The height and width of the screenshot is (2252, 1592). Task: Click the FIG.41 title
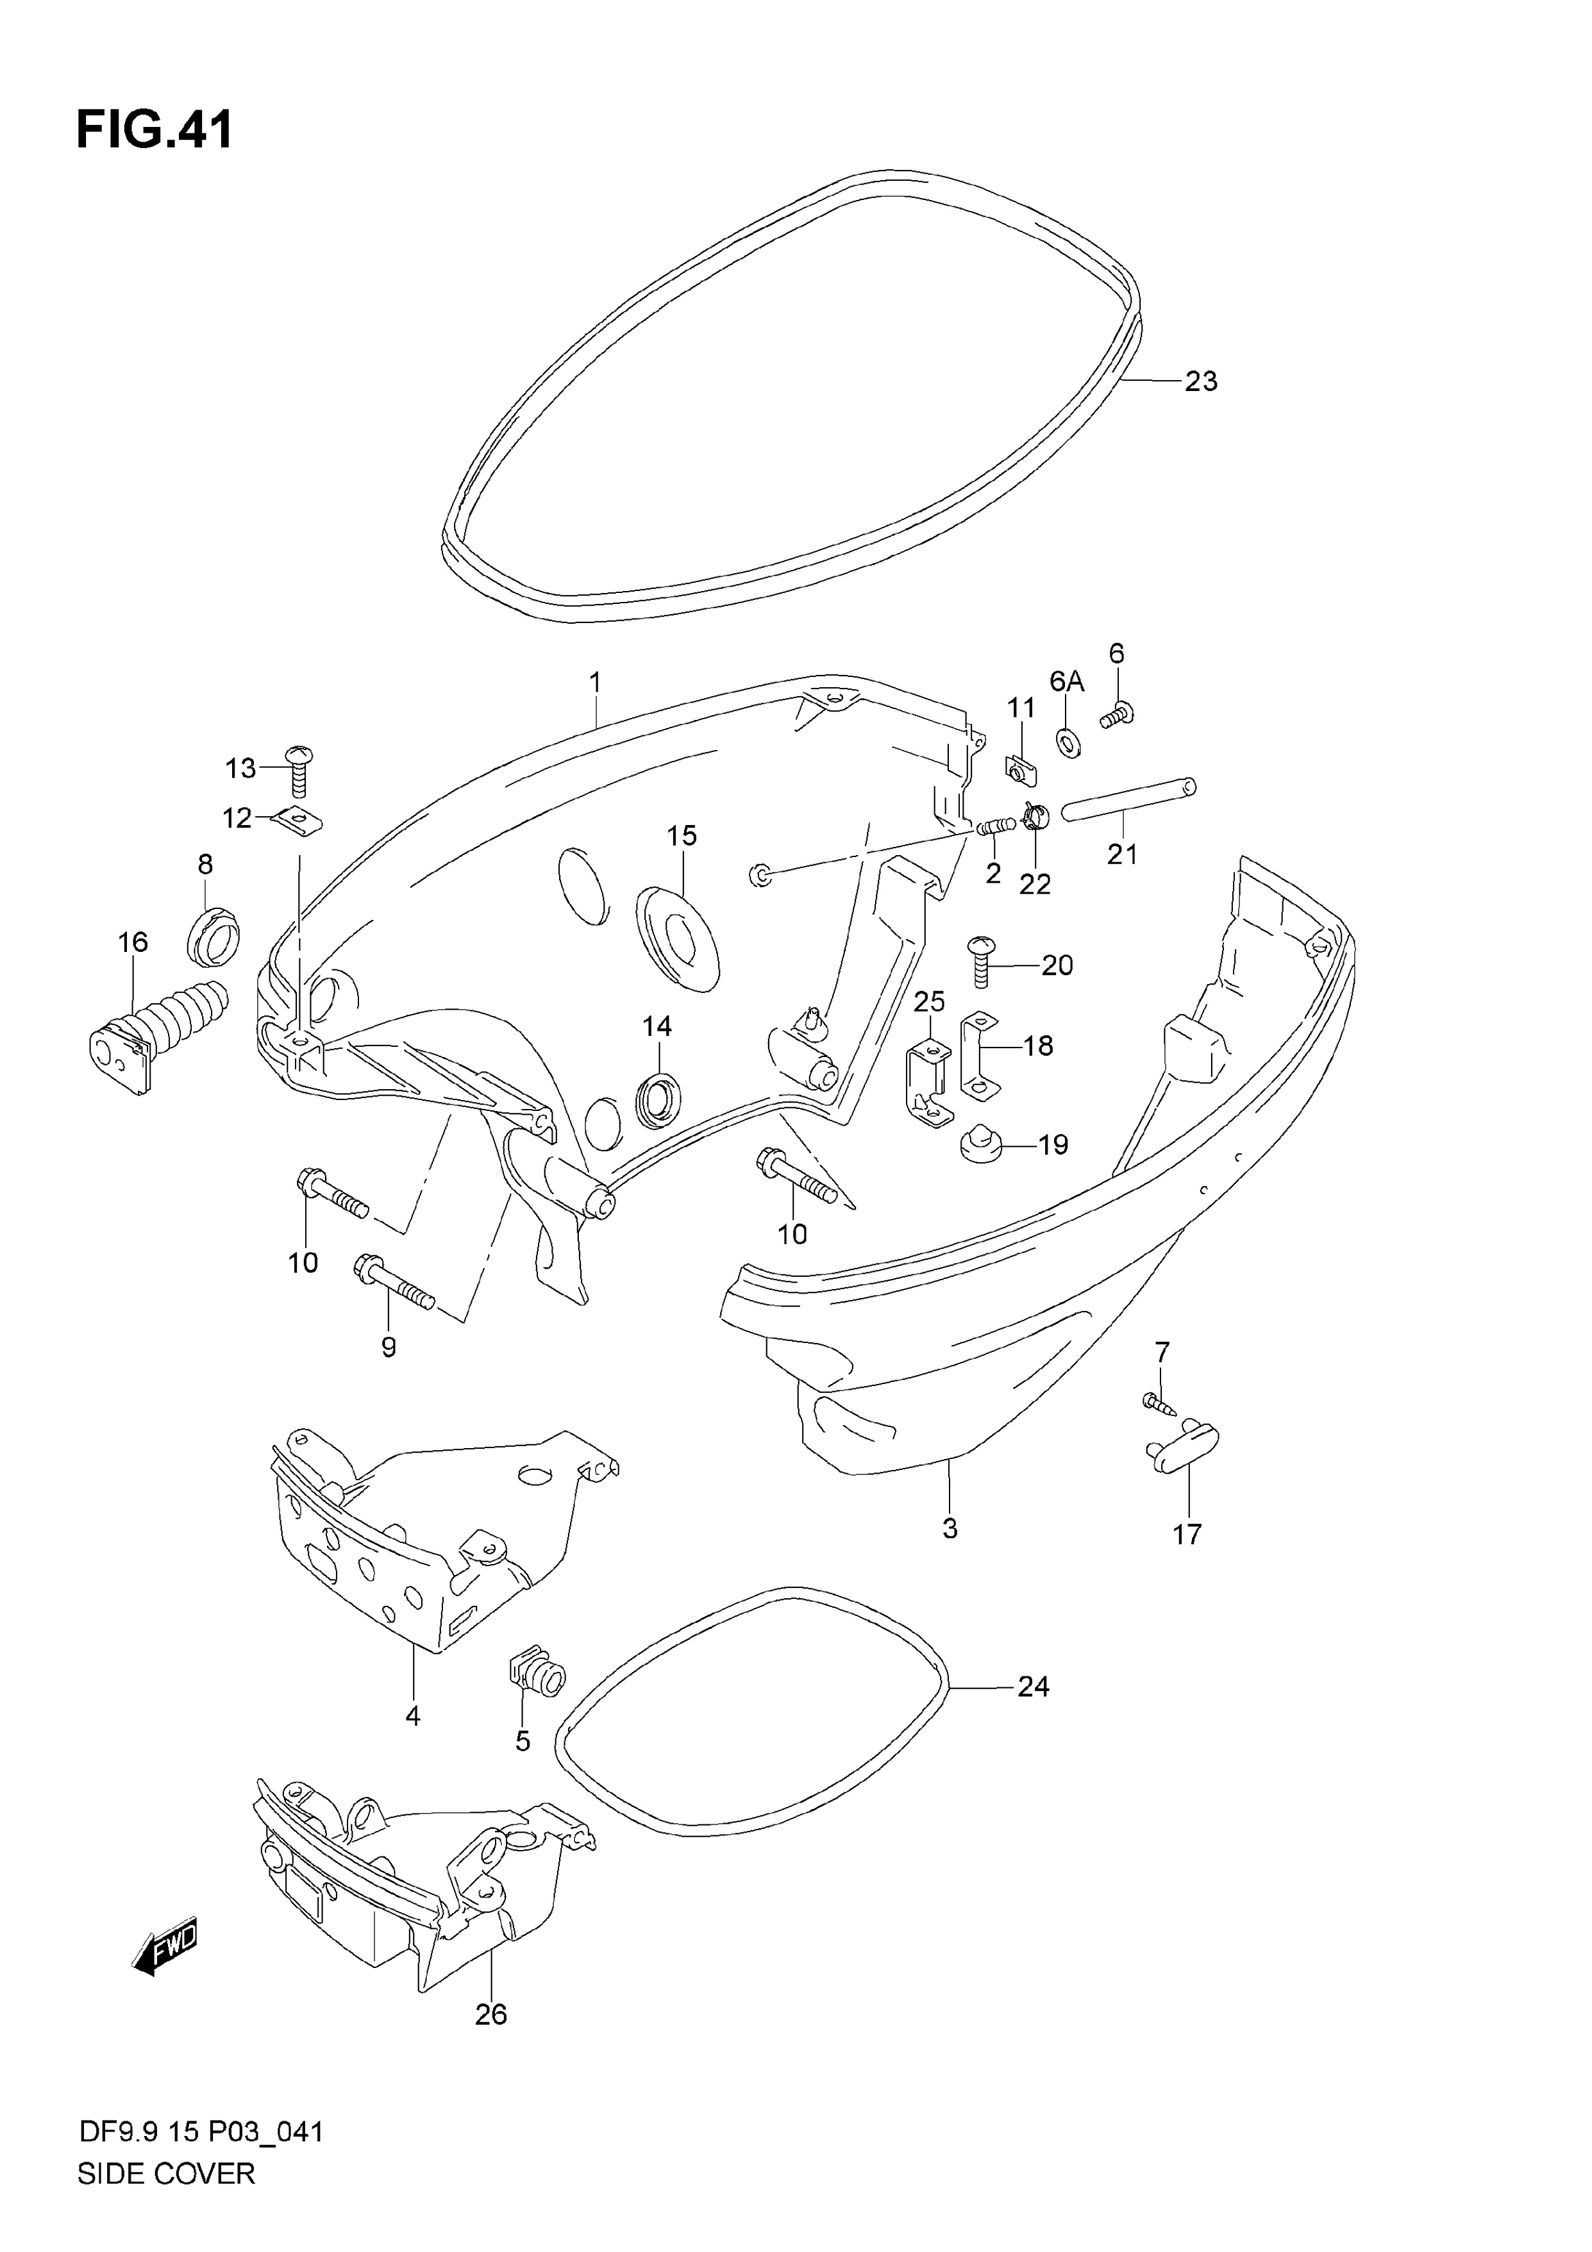coord(155,129)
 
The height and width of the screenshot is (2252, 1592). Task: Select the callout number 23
coord(1201,381)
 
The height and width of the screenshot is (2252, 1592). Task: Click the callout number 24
coord(1033,1687)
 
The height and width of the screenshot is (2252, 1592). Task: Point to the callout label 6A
coord(1068,681)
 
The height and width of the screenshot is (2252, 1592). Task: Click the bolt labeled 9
coord(393,1284)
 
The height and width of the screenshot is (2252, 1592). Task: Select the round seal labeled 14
coord(657,1101)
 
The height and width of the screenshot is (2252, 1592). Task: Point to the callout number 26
coord(490,2015)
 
